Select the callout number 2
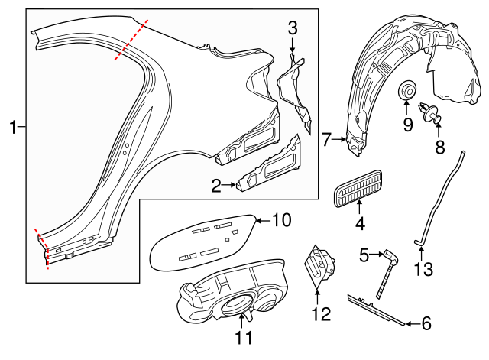click(x=216, y=184)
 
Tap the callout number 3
click(x=292, y=29)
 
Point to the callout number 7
click(x=326, y=139)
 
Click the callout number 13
click(x=423, y=269)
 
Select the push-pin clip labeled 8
click(x=432, y=112)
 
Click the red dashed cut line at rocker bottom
click(x=43, y=248)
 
